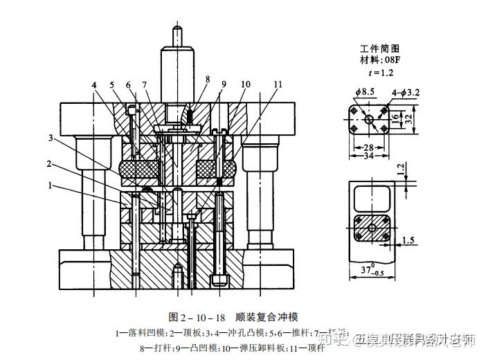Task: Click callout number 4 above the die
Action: (x=93, y=85)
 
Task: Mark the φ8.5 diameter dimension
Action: (x=365, y=91)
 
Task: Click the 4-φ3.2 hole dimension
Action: (x=407, y=91)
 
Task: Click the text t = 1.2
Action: (x=381, y=71)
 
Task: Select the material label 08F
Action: (x=380, y=60)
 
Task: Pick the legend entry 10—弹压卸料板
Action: (x=240, y=348)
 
